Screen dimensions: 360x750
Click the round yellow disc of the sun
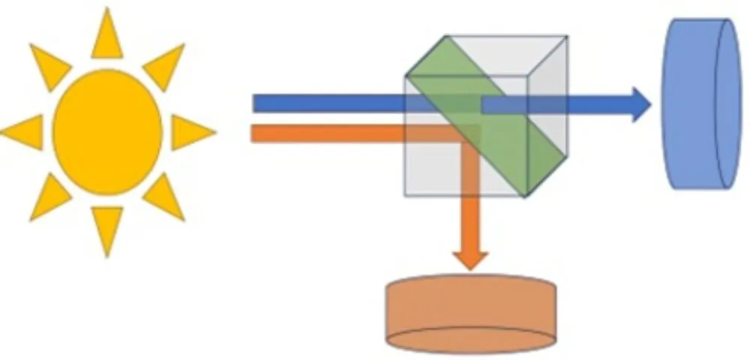click(x=107, y=132)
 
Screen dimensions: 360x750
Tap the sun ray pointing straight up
click(x=107, y=37)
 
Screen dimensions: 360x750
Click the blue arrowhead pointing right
click(x=639, y=104)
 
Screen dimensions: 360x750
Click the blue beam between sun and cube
click(x=330, y=103)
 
